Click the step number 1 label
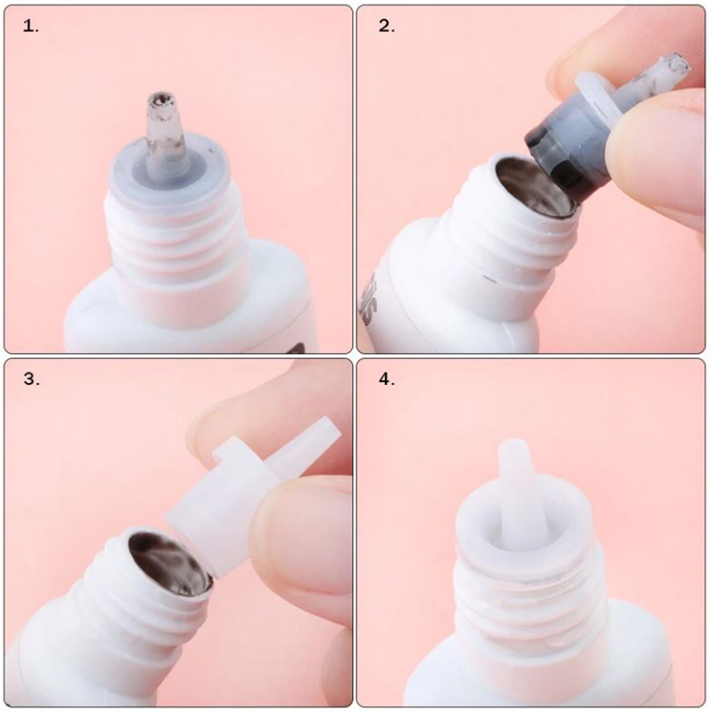pos(31,26)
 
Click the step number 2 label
pos(387,26)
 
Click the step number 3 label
pos(31,379)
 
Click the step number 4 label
pos(387,379)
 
